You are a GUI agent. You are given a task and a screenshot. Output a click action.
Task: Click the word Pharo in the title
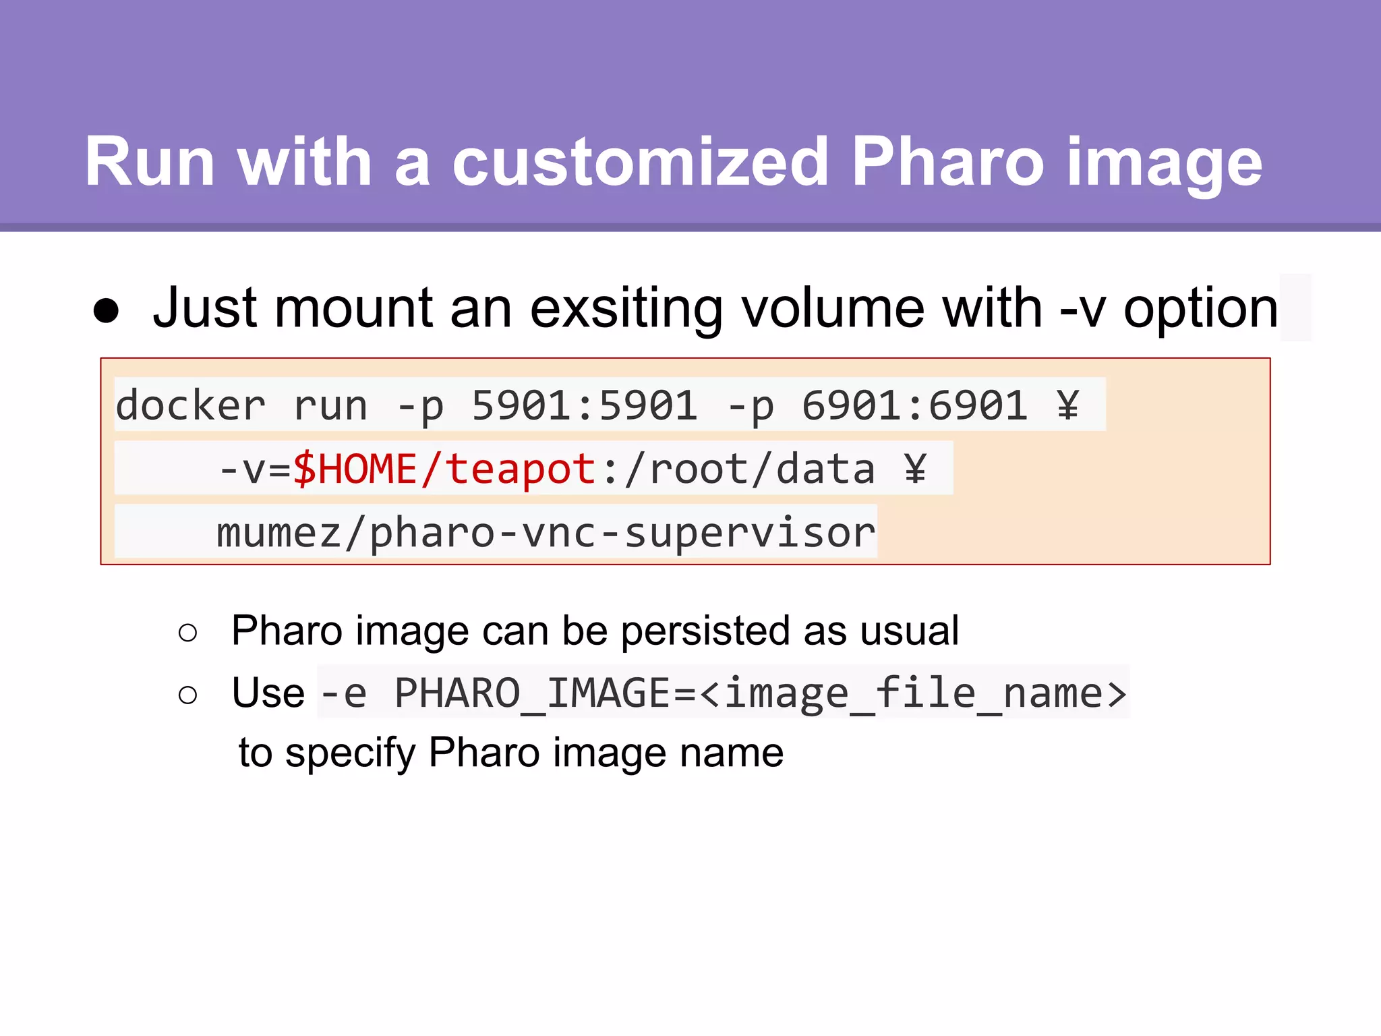[947, 162]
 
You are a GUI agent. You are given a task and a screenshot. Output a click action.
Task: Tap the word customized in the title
[640, 162]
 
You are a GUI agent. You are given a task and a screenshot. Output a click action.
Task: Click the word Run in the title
[150, 162]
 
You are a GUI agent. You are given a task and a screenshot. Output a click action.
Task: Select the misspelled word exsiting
[625, 309]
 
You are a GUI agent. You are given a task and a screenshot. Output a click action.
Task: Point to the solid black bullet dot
[107, 311]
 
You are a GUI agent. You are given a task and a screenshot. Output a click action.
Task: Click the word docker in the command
[191, 406]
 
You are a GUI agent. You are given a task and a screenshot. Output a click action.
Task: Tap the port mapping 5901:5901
[584, 406]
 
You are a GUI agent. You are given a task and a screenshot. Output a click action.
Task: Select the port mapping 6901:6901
[914, 406]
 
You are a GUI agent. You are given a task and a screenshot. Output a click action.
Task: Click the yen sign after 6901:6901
[1067, 406]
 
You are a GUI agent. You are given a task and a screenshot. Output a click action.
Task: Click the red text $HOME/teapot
[444, 469]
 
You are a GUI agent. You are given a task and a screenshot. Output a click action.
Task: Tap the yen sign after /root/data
[915, 469]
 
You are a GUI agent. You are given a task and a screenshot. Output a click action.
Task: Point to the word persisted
[705, 631]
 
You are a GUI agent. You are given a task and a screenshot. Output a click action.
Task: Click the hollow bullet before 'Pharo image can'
[188, 633]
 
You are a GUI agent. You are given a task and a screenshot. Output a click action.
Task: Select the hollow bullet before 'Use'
[188, 695]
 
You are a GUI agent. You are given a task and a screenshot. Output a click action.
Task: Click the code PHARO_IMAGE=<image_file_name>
[761, 693]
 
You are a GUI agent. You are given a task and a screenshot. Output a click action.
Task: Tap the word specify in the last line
[351, 753]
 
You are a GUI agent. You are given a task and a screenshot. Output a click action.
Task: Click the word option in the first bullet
[1200, 309]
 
